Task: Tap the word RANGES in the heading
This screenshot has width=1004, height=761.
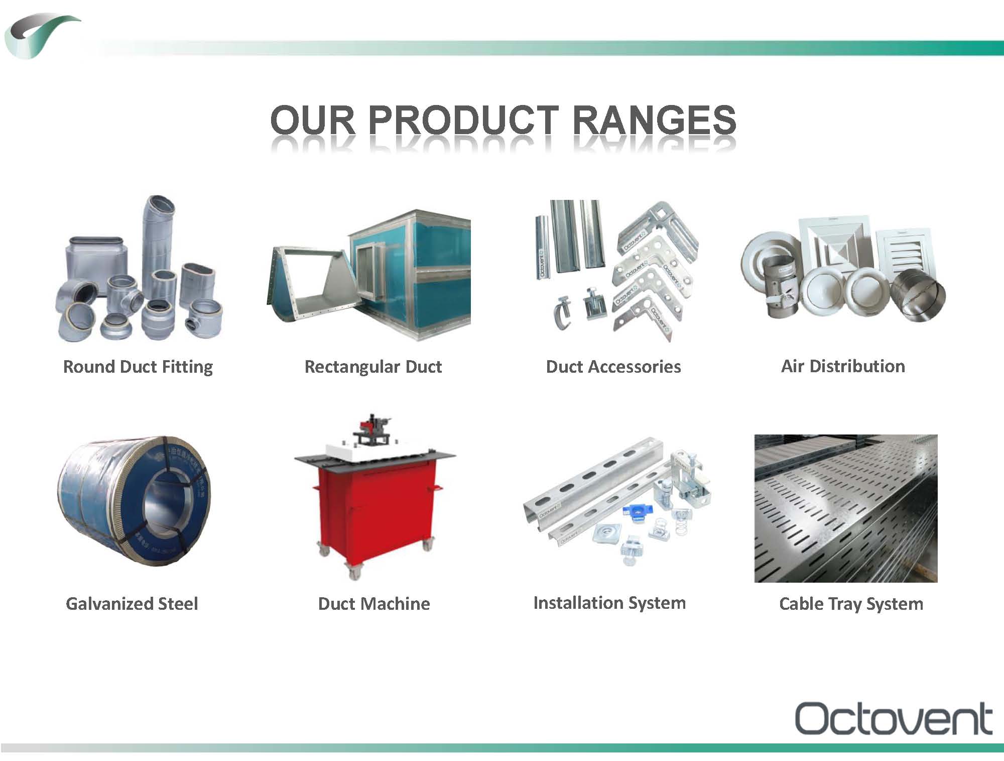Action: (654, 120)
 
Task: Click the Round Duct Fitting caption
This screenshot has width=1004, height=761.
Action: (138, 367)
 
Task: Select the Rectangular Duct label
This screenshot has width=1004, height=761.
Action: (373, 367)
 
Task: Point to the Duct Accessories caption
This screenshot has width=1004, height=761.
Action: (613, 367)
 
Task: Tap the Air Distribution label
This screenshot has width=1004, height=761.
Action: (843, 366)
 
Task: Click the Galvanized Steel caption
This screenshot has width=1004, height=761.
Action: (132, 603)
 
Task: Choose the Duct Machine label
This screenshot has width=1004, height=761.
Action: (374, 603)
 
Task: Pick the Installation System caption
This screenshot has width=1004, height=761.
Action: (609, 603)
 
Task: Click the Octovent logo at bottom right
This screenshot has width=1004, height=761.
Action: (894, 718)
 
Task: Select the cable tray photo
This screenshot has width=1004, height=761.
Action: (846, 508)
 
